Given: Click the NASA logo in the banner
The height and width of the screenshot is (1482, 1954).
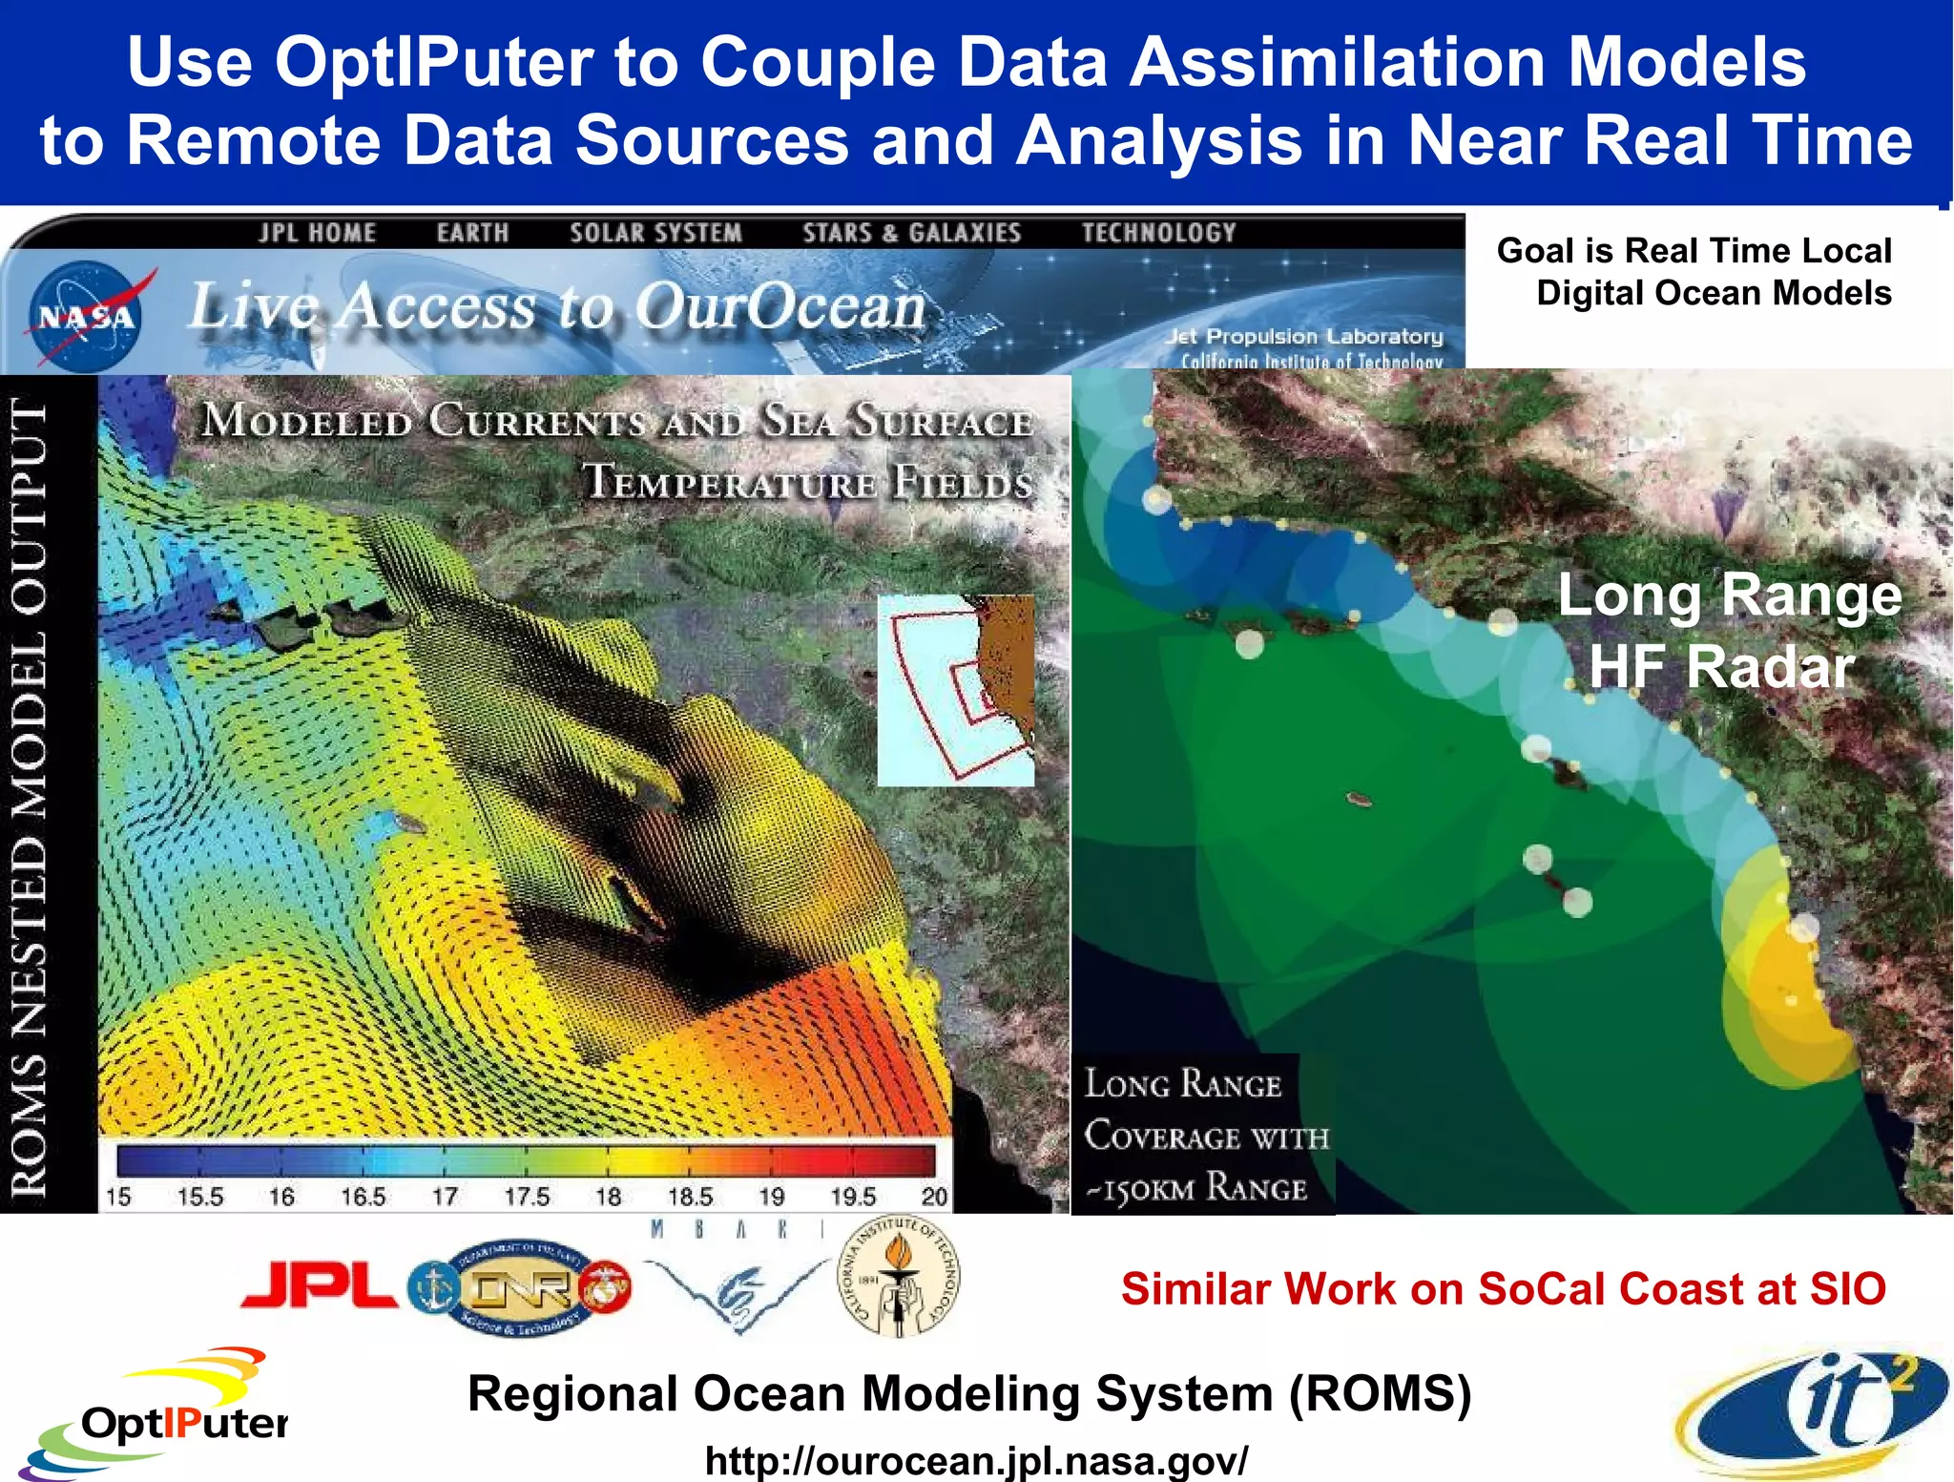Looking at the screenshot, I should pos(86,316).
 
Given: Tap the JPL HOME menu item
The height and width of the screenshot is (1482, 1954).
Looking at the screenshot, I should pos(317,233).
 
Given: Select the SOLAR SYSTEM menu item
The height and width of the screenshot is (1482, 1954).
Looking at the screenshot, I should pos(655,233).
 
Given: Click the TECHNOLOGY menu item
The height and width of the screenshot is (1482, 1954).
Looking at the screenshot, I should pos(1158,233).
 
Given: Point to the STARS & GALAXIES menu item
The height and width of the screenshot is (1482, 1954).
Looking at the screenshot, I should pos(911,233).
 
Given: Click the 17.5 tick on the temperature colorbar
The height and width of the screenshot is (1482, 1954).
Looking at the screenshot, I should pos(527,1196).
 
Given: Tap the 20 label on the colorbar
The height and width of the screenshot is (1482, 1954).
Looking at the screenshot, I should pos(934,1196).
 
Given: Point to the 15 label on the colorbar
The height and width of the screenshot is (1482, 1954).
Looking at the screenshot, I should pos(118,1196).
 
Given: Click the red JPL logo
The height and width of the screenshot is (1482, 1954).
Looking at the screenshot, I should pos(320,1284).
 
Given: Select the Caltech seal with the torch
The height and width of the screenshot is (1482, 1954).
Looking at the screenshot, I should pos(898,1277).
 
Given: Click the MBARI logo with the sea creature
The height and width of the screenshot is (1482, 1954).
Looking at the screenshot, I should pos(738,1279).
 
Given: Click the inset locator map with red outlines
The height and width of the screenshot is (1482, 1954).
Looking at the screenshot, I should pos(955,690).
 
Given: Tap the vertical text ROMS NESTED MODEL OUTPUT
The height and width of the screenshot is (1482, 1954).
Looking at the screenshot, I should pos(29,797).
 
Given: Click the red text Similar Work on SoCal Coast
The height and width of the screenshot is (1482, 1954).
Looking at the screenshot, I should pos(1503,1288).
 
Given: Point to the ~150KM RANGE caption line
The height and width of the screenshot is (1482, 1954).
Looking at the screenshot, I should pos(1197,1189).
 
